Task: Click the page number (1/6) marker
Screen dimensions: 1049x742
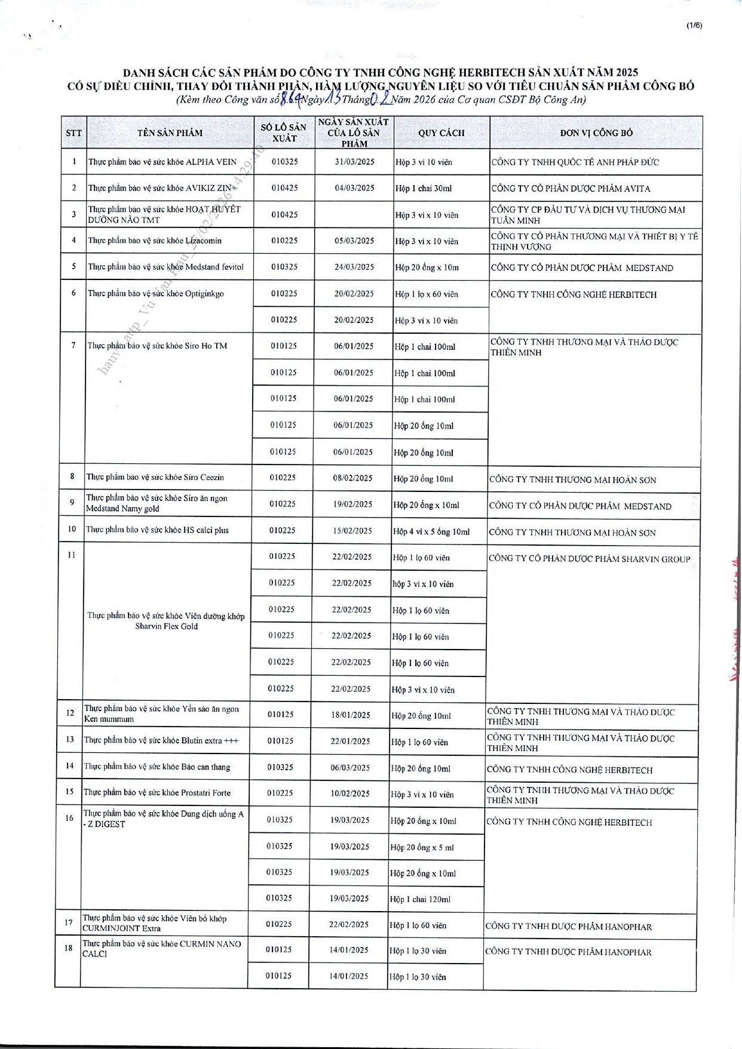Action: (x=694, y=25)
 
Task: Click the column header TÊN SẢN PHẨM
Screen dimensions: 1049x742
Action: (x=170, y=133)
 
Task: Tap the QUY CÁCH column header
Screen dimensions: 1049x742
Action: (x=441, y=133)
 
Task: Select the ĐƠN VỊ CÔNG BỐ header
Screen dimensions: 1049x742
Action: (x=596, y=133)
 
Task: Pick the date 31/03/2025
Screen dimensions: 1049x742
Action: (x=354, y=162)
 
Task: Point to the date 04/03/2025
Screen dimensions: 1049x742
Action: (x=354, y=188)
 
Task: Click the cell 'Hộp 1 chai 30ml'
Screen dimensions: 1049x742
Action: (x=424, y=189)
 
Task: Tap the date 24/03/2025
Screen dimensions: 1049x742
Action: (x=354, y=267)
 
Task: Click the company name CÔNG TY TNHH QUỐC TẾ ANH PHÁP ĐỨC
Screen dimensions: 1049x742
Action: (x=575, y=162)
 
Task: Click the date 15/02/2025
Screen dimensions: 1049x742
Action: (x=352, y=530)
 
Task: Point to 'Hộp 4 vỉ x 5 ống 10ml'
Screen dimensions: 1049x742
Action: (x=431, y=531)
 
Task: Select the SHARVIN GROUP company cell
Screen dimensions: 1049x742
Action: (x=589, y=559)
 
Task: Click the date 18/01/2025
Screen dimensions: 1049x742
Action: (x=351, y=715)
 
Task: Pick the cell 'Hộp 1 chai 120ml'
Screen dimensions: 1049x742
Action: (x=420, y=899)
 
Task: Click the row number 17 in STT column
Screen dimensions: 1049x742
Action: (x=69, y=922)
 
